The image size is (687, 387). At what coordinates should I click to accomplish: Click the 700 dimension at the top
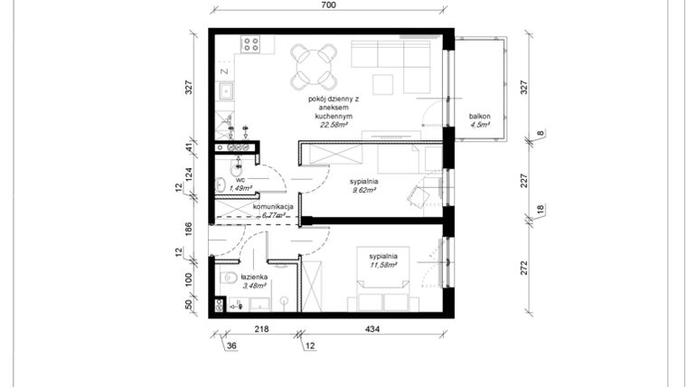[x=327, y=5]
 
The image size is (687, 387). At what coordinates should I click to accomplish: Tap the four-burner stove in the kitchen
[x=250, y=42]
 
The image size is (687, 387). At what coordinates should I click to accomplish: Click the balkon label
[x=479, y=117]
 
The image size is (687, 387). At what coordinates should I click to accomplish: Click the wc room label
[x=240, y=180]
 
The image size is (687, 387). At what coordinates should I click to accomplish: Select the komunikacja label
[x=273, y=207]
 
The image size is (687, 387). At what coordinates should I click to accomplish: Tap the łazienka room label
[x=240, y=277]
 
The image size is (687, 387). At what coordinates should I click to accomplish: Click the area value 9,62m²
[x=363, y=191]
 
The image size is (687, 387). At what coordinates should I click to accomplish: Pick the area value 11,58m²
[x=382, y=265]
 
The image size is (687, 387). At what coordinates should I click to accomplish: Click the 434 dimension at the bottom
[x=372, y=331]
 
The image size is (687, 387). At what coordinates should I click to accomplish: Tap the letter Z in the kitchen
[x=222, y=69]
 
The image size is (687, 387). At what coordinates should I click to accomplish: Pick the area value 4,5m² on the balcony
[x=479, y=126]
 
